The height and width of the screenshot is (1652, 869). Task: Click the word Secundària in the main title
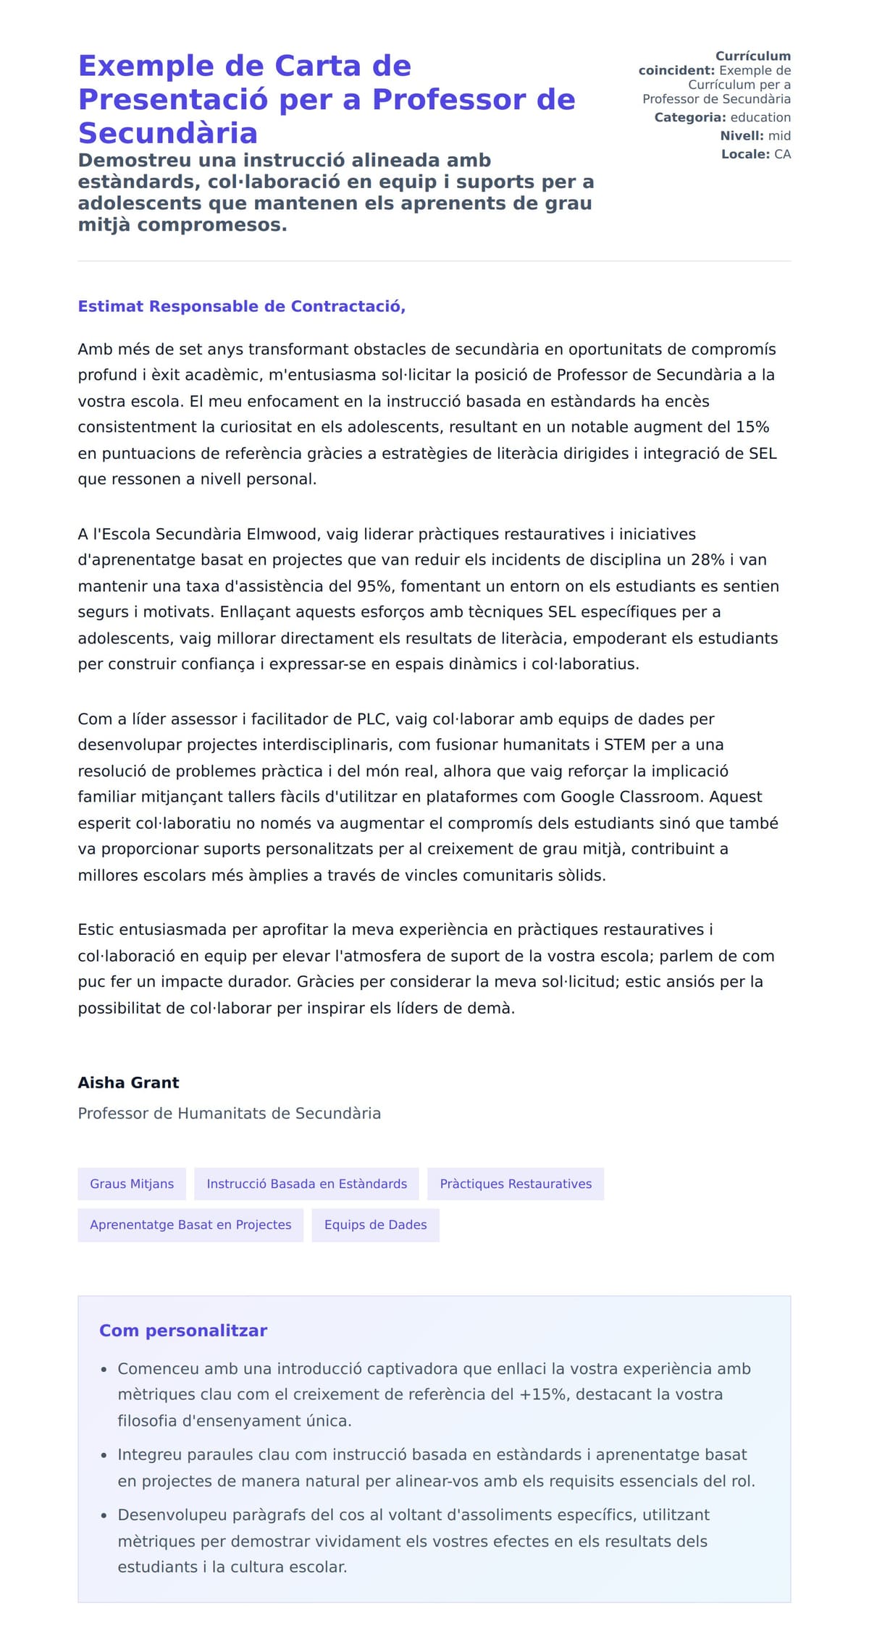tap(167, 133)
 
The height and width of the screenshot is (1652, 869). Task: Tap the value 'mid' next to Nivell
tap(779, 136)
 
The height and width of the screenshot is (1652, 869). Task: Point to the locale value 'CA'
tap(782, 154)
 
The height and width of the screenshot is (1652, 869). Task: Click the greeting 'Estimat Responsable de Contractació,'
tap(241, 306)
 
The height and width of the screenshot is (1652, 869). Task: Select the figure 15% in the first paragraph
tap(752, 427)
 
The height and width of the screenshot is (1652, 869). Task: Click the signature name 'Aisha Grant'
tap(128, 1083)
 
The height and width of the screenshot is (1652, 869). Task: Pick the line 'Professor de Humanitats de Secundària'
tap(229, 1113)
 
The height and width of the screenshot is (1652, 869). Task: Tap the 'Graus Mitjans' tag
tap(132, 1184)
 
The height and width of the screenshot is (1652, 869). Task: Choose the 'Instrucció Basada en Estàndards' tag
tap(306, 1184)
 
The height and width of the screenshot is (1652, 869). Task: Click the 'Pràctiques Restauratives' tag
tap(516, 1184)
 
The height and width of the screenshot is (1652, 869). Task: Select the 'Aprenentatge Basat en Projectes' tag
tap(190, 1224)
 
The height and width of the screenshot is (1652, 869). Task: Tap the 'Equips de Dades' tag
tap(375, 1224)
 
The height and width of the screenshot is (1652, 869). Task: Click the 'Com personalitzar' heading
tap(183, 1331)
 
